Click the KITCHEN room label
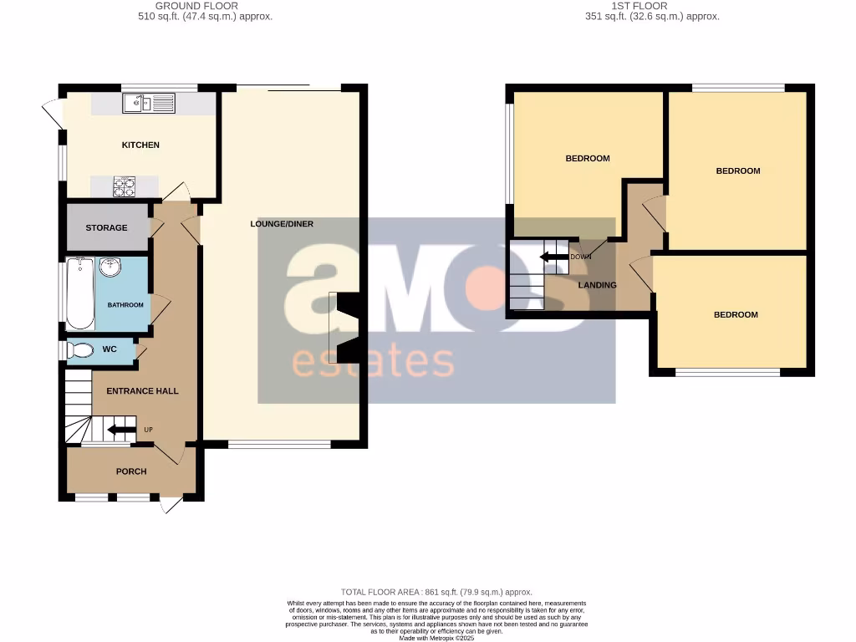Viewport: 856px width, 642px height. [x=140, y=145]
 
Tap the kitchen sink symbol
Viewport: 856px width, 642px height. [x=147, y=104]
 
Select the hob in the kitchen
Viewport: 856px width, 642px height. [x=125, y=186]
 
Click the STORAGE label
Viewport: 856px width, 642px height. [x=106, y=227]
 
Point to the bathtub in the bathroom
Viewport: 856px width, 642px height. [x=80, y=293]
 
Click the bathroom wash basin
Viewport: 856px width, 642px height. [x=110, y=268]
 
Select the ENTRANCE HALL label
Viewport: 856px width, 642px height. [x=142, y=391]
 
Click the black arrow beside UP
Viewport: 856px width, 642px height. [x=122, y=431]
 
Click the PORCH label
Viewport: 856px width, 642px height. [x=131, y=471]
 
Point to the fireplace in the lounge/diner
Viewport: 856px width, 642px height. [x=344, y=328]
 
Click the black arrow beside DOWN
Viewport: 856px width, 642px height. [x=553, y=257]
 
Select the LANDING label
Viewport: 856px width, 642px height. [x=598, y=285]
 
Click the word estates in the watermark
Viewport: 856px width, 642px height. [x=372, y=362]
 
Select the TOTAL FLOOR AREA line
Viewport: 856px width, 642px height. [x=436, y=592]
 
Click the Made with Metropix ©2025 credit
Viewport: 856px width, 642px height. [x=436, y=638]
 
